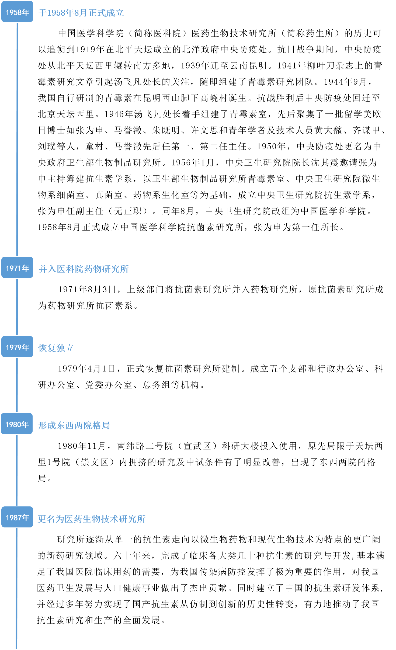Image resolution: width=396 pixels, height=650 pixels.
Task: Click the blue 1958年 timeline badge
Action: click(x=17, y=12)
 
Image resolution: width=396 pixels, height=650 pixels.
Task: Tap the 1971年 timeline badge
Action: click(x=17, y=267)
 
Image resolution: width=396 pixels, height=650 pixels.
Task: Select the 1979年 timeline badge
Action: click(x=17, y=347)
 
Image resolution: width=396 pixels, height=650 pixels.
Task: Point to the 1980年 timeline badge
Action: click(x=17, y=424)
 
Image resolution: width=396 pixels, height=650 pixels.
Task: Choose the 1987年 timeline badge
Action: click(x=17, y=517)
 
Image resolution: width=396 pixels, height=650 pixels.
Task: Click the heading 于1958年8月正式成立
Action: click(x=81, y=13)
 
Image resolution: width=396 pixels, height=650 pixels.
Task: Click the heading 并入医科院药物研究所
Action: click(x=84, y=269)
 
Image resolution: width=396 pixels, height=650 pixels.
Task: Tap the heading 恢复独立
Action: click(x=56, y=348)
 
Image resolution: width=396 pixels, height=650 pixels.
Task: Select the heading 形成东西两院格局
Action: click(x=74, y=425)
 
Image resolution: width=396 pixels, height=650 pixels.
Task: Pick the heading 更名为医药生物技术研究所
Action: click(x=92, y=519)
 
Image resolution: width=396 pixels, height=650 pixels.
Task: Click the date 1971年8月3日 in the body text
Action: click(x=87, y=290)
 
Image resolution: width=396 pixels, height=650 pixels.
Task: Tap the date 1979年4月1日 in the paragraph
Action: click(x=87, y=369)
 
